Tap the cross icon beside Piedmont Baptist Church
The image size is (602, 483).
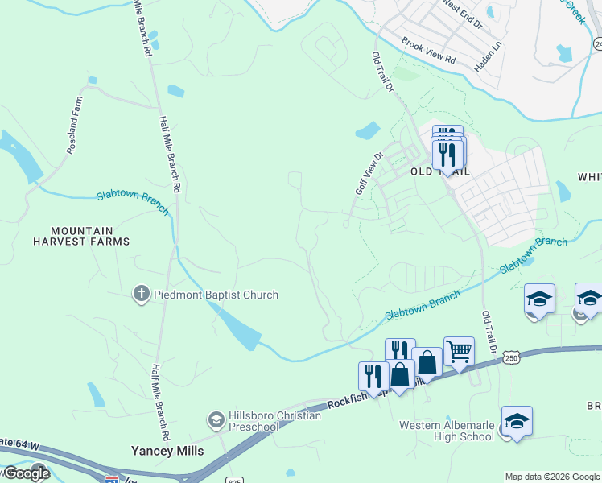(141, 295)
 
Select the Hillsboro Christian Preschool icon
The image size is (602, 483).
(215, 419)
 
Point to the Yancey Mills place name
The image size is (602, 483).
(167, 451)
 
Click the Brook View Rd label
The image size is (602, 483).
(428, 54)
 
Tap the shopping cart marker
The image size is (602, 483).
(459, 350)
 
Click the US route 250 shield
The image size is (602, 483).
(510, 357)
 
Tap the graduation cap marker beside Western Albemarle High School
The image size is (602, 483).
(517, 421)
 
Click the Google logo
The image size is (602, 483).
(26, 473)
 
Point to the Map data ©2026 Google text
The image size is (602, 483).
(552, 477)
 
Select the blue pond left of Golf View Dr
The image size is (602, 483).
(367, 130)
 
